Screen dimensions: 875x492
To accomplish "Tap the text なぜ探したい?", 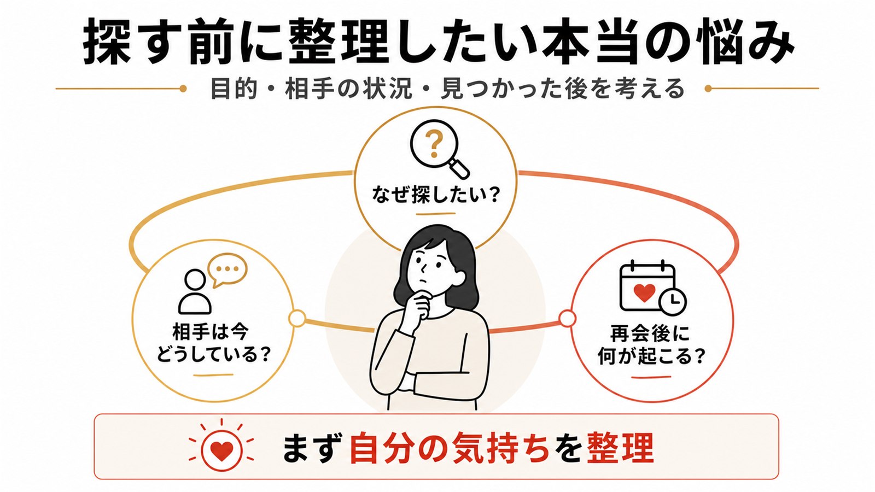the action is click(435, 194).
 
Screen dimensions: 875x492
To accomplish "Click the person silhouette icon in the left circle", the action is click(195, 291).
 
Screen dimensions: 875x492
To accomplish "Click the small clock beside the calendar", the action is click(672, 301).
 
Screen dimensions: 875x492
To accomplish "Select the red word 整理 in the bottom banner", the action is click(620, 449).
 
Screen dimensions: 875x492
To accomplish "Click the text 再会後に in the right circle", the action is click(650, 334).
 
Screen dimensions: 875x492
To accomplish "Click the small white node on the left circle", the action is click(297, 318).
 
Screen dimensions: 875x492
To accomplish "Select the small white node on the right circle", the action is click(567, 319).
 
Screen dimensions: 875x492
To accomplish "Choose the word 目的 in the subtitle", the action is click(234, 89).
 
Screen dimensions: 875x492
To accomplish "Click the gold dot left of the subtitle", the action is click(183, 89).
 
